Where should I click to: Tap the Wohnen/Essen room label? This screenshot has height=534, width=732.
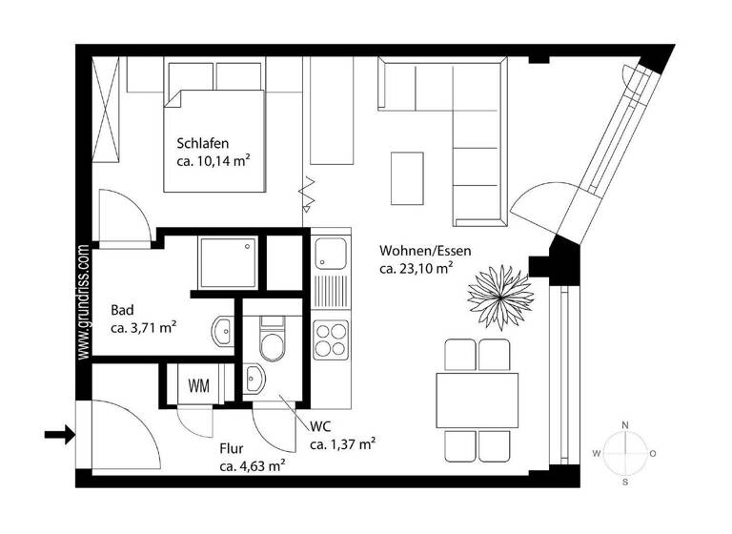pyautogui.click(x=425, y=251)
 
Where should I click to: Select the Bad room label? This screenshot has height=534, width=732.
pyautogui.click(x=122, y=310)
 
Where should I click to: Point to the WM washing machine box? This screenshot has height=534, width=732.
pyautogui.click(x=198, y=386)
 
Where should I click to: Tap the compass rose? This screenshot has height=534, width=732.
pyautogui.click(x=624, y=453)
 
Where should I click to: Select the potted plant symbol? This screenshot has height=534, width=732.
pyautogui.click(x=500, y=298)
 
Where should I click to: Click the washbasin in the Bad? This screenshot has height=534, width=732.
pyautogui.click(x=223, y=330)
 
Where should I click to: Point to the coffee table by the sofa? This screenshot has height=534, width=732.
pyautogui.click(x=407, y=177)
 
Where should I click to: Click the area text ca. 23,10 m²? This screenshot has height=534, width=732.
pyautogui.click(x=416, y=269)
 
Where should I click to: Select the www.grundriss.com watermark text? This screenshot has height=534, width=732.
pyautogui.click(x=84, y=300)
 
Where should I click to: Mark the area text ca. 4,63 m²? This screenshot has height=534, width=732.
pyautogui.click(x=254, y=467)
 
